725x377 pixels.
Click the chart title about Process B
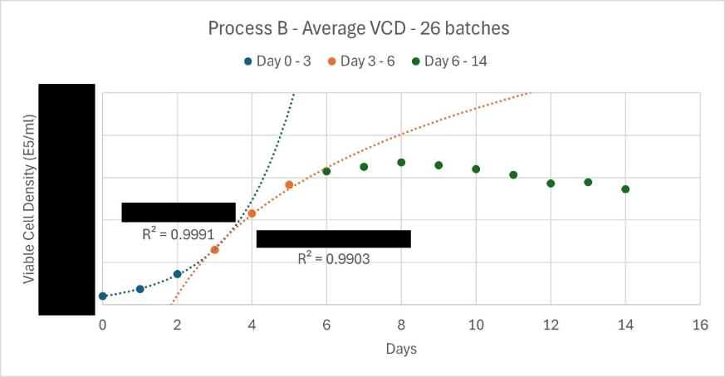359,28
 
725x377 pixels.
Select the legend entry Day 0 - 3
277,61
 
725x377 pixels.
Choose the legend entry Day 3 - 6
361,61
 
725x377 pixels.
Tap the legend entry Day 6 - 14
449,61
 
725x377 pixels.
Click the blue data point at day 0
103,296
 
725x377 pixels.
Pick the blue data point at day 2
177,274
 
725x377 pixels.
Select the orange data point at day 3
214,250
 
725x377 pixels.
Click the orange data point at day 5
289,185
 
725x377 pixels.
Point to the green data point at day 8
401,163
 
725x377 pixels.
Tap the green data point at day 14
625,189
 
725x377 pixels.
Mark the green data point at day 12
551,184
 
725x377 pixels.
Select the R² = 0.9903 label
334,258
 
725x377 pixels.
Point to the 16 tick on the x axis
700,325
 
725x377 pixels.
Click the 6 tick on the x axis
326,325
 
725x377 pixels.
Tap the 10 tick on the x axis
476,325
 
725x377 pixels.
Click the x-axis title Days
401,349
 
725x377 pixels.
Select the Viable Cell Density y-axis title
29,199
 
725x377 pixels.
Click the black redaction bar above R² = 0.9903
333,238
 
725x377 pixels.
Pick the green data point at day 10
476,169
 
